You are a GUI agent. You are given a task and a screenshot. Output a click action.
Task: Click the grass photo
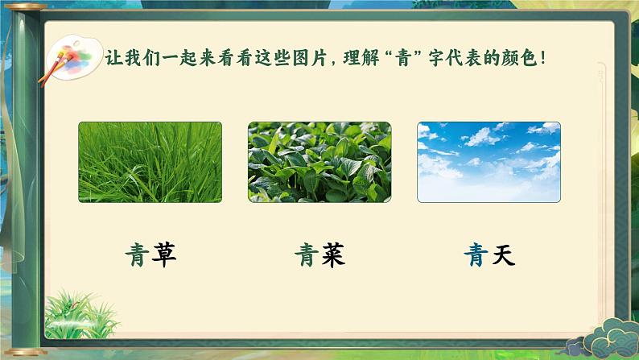tap(150, 162)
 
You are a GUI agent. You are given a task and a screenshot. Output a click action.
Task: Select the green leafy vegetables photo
tap(319, 162)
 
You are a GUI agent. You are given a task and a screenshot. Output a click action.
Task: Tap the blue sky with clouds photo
tap(489, 162)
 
